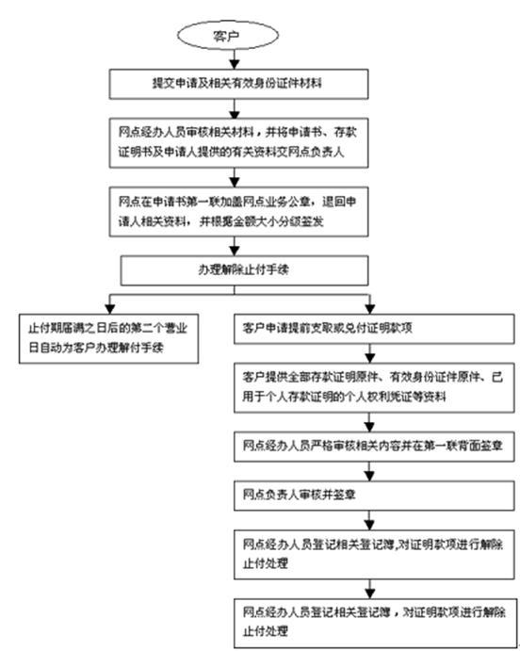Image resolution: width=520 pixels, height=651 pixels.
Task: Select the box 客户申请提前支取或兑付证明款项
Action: (373, 330)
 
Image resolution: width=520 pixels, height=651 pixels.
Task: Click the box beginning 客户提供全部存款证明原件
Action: (373, 388)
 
